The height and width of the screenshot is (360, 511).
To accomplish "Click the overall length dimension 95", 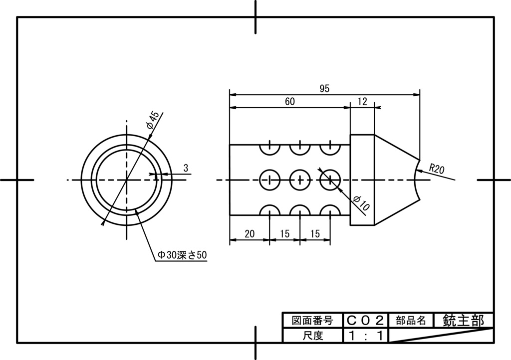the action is click(x=324, y=89).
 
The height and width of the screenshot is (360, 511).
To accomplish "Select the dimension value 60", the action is click(x=290, y=102).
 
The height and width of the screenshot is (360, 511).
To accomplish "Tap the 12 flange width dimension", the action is click(x=362, y=102).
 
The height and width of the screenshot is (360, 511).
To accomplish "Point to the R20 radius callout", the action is click(x=436, y=169).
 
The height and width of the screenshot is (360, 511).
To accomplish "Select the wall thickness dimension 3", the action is click(x=186, y=168).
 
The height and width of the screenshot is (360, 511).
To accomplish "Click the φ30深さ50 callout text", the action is click(x=182, y=255).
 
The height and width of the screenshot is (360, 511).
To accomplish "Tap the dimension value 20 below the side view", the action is click(x=250, y=234).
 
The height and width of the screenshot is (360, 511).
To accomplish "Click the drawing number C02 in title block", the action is click(x=365, y=321).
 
